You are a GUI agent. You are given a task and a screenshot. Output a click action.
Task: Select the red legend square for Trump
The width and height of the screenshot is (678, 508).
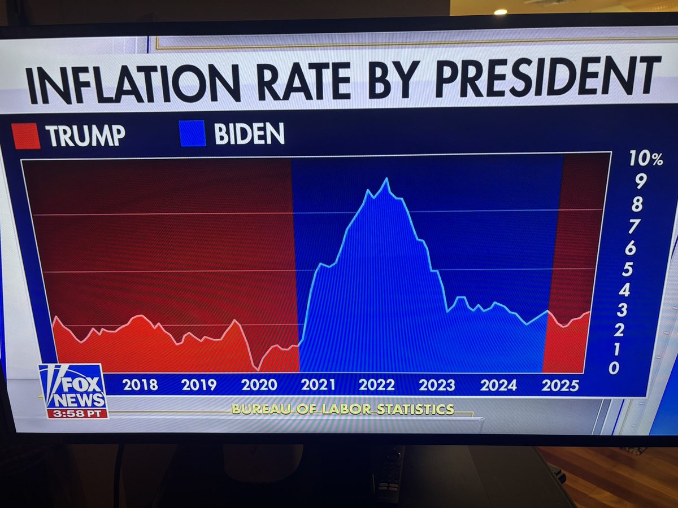pyautogui.click(x=26, y=137)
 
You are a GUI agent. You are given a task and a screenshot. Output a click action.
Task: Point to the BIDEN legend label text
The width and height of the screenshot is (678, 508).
pyautogui.click(x=249, y=134)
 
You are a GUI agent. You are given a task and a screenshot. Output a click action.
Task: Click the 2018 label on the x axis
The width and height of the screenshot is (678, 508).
pyautogui.click(x=140, y=386)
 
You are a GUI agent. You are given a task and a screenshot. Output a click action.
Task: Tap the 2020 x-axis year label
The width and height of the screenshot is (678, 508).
pyautogui.click(x=259, y=385)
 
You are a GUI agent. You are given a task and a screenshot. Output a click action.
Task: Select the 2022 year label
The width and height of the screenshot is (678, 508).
pyautogui.click(x=376, y=385)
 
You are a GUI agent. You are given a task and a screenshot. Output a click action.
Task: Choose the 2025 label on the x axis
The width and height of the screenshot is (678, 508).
pyautogui.click(x=559, y=386)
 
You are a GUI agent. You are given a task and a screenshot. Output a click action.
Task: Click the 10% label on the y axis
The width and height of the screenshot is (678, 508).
pyautogui.click(x=645, y=159)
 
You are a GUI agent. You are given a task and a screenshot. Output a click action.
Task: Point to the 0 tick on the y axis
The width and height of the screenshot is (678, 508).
pyautogui.click(x=614, y=368)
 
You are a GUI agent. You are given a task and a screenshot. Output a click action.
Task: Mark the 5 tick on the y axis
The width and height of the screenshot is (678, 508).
pyautogui.click(x=627, y=269)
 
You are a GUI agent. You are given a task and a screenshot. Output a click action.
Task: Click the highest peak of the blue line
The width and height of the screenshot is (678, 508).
pyautogui.click(x=386, y=179)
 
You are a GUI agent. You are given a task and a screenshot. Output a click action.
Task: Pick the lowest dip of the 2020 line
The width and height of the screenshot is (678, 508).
pyautogui.click(x=257, y=369)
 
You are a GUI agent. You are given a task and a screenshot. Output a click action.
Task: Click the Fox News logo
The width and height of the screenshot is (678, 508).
pyautogui.click(x=73, y=387)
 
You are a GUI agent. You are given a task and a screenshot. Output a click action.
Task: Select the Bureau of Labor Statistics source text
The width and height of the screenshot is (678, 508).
pyautogui.click(x=342, y=409)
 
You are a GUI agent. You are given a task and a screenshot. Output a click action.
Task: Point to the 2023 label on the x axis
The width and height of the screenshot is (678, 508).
pyautogui.click(x=437, y=385)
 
